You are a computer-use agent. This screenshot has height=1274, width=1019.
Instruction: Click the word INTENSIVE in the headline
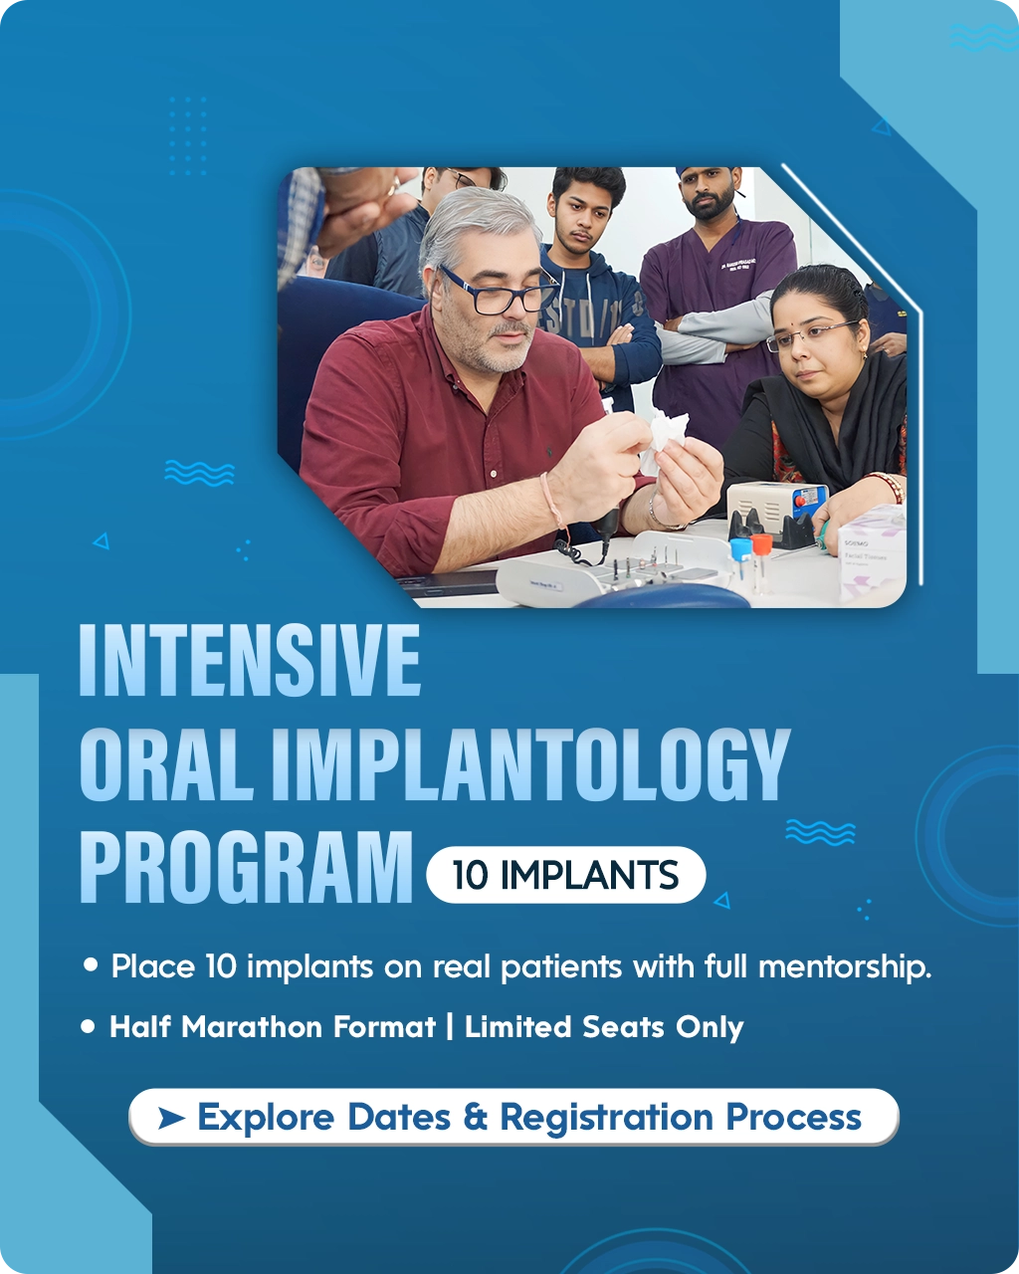(x=250, y=660)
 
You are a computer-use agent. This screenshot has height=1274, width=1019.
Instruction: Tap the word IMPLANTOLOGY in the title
(x=530, y=764)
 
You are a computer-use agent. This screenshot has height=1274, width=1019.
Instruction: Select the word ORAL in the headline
(x=166, y=764)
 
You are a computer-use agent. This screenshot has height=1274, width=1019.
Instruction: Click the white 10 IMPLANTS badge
(x=565, y=875)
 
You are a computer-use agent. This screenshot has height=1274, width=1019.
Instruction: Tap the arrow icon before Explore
(x=171, y=1118)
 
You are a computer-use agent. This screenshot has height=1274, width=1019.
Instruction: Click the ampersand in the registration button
(x=475, y=1118)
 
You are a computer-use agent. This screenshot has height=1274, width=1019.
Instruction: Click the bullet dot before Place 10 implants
(x=92, y=965)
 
